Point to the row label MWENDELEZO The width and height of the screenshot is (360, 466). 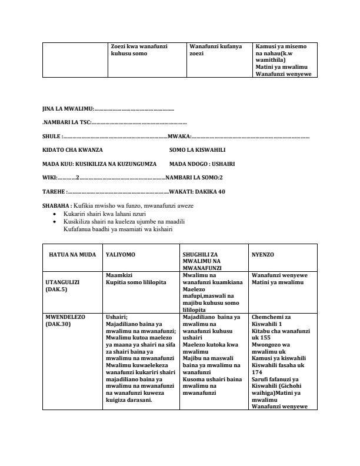coord(65,317)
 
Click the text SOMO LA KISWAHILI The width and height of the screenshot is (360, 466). coord(197,150)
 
